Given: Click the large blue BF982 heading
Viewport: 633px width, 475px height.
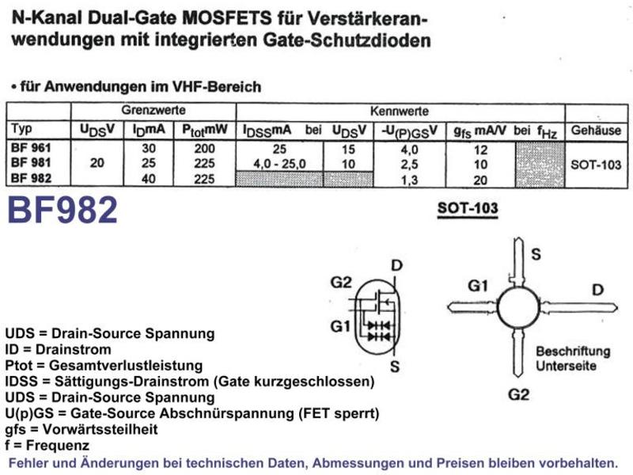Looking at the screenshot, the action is (x=63, y=210).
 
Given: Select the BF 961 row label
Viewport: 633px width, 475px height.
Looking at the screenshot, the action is (x=31, y=148).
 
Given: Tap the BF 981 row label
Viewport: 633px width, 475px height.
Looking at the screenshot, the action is (x=31, y=163).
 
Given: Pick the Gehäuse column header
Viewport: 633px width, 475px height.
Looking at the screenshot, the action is (x=596, y=131).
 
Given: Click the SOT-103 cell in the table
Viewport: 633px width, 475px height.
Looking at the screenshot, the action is (x=596, y=165).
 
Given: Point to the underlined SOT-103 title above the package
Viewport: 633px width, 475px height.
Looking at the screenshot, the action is (x=468, y=208).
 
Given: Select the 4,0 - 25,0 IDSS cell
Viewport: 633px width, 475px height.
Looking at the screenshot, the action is (x=279, y=164).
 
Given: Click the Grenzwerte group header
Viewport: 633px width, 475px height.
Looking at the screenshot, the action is (x=154, y=110).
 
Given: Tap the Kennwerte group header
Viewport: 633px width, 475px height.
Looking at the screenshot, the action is (x=400, y=111).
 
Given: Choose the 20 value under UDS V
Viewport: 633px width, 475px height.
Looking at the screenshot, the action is (x=97, y=163).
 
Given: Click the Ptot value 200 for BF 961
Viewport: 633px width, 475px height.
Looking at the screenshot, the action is (x=204, y=149).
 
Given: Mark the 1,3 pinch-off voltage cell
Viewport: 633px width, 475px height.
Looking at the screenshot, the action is (x=409, y=180).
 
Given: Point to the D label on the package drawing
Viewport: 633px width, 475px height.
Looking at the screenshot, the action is (x=597, y=290).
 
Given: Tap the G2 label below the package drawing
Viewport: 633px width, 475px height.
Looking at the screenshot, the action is (x=518, y=394).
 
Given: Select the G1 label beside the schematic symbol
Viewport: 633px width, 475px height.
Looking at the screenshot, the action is (x=340, y=326).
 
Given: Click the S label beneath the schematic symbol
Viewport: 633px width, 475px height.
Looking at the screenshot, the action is (x=395, y=367).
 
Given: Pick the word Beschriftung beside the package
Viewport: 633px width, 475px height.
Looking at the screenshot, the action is (x=573, y=351).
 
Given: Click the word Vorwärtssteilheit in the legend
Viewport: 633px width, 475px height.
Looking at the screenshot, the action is (x=100, y=429).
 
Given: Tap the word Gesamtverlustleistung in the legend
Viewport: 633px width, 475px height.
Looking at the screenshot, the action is (x=126, y=366).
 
